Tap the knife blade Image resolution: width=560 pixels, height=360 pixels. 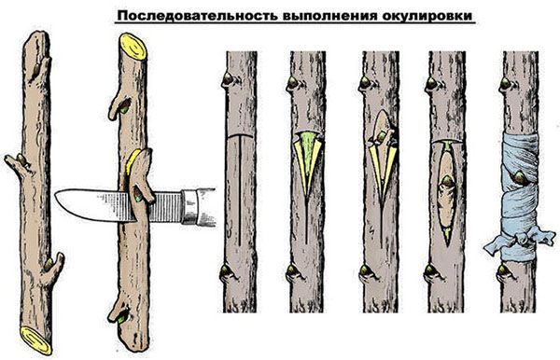tap(89, 202)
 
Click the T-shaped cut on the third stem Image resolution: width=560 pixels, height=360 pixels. tap(241, 163)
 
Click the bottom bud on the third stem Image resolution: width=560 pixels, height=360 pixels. tap(226, 273)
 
